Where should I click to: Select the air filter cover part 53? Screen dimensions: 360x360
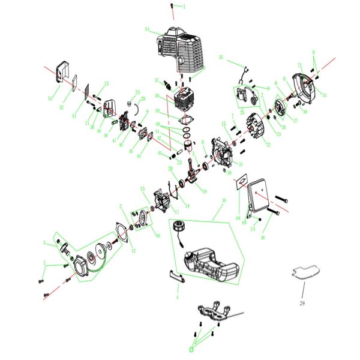tap(60, 70)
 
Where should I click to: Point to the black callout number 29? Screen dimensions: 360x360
tap(301, 304)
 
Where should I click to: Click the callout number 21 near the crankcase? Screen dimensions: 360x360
tap(241, 164)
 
